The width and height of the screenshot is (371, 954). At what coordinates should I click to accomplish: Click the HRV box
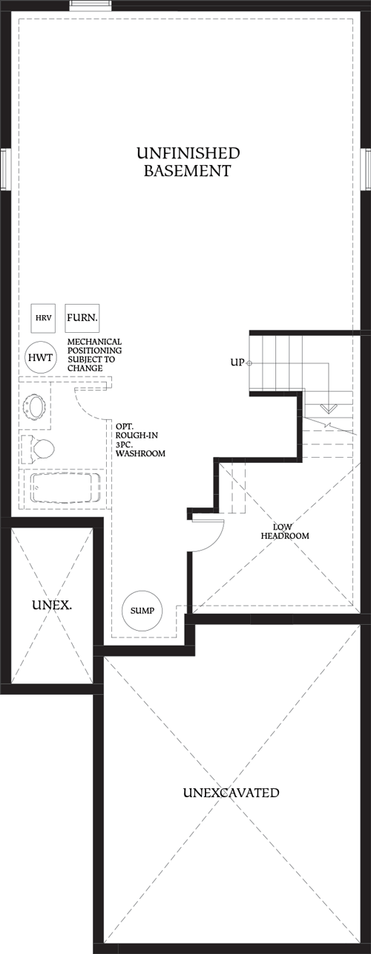[40, 318]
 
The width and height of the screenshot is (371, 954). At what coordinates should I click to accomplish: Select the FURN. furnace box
[82, 317]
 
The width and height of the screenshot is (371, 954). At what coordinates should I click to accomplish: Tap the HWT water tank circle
[38, 357]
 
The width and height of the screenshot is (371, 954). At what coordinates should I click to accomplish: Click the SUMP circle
[141, 610]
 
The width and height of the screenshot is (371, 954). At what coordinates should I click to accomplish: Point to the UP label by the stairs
[237, 362]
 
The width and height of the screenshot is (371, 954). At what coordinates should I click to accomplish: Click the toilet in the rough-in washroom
[40, 449]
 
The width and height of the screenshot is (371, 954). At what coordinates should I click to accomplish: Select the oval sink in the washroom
[36, 406]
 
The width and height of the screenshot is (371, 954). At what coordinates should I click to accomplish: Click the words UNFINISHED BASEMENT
[188, 162]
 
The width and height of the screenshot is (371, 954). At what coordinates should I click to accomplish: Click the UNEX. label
[51, 605]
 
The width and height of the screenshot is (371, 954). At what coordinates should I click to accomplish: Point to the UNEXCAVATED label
[231, 793]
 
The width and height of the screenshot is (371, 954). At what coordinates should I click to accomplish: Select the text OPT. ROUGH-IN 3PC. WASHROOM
[139, 440]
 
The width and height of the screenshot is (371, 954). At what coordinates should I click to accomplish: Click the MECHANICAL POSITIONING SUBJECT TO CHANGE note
[95, 354]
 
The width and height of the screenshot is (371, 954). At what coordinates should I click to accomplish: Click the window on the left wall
[3, 170]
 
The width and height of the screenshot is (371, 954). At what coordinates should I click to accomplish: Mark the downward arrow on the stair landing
[329, 408]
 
